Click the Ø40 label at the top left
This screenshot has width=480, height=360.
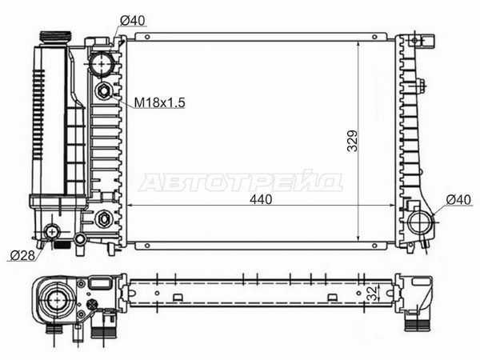[132, 21]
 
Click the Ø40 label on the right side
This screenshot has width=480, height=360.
[458, 200]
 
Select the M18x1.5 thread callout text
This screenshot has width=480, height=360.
[160, 102]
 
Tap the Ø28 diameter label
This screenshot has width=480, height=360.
[22, 256]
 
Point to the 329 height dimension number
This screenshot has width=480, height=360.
[352, 141]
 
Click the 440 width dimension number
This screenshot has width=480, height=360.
[261, 199]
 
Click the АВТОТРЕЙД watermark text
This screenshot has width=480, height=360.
[241, 182]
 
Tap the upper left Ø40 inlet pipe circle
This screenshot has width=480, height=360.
[102, 64]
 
